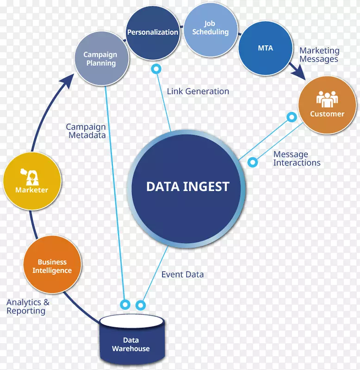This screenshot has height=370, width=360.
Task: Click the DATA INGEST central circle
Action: pyautogui.click(x=187, y=187)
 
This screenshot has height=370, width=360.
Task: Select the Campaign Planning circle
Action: pyautogui.click(x=100, y=59)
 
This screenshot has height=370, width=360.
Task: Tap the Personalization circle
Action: pyautogui.click(x=153, y=32)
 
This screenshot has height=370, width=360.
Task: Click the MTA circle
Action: pyautogui.click(x=265, y=48)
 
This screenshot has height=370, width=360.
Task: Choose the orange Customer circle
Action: pyautogui.click(x=327, y=105)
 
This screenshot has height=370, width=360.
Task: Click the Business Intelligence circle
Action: pyautogui.click(x=52, y=266)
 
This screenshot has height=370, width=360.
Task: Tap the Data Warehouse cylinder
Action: pyautogui.click(x=131, y=340)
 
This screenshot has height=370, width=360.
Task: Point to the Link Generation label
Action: pyautogui.click(x=198, y=92)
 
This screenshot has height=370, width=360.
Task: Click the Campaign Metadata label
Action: pyautogui.click(x=86, y=131)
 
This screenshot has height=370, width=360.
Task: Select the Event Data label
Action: pyautogui.click(x=182, y=274)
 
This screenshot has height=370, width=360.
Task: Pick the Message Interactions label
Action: pyautogui.click(x=297, y=159)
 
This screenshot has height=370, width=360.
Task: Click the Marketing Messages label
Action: pyautogui.click(x=319, y=55)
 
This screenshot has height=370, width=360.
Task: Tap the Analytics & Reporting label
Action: pyautogui.click(x=28, y=307)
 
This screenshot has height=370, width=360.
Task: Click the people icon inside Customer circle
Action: pyautogui.click(x=327, y=99)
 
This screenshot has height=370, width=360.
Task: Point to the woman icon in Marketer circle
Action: pyautogui.click(x=31, y=176)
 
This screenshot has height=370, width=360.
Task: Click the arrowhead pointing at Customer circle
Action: pyautogui.click(x=301, y=74)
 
